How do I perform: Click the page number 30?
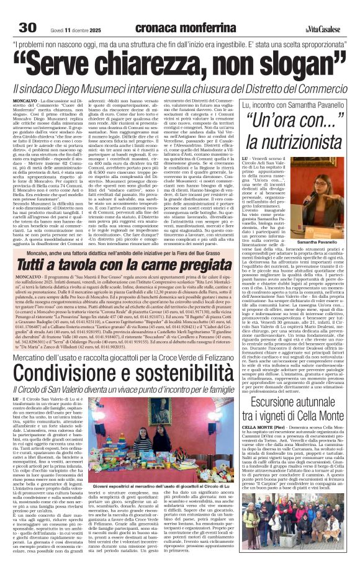pos(28,11)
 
